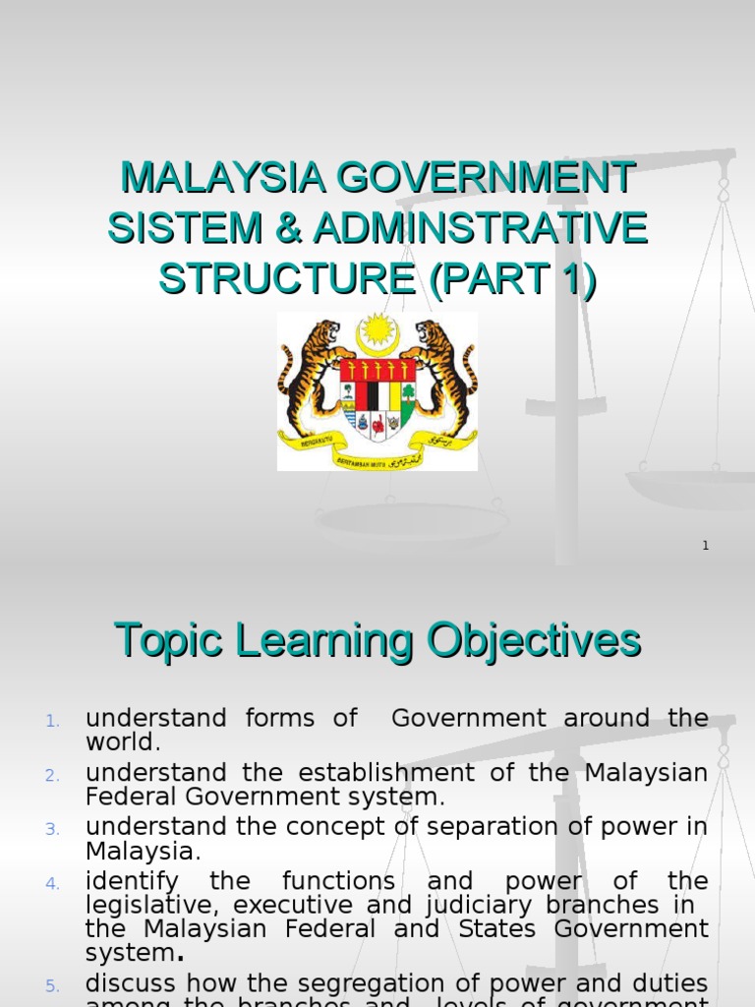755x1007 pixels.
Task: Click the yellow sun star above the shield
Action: [377, 332]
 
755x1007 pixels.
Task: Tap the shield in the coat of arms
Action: [377, 398]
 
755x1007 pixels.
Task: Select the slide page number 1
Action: [706, 546]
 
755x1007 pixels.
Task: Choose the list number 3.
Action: [53, 829]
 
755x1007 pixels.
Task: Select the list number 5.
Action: [53, 985]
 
